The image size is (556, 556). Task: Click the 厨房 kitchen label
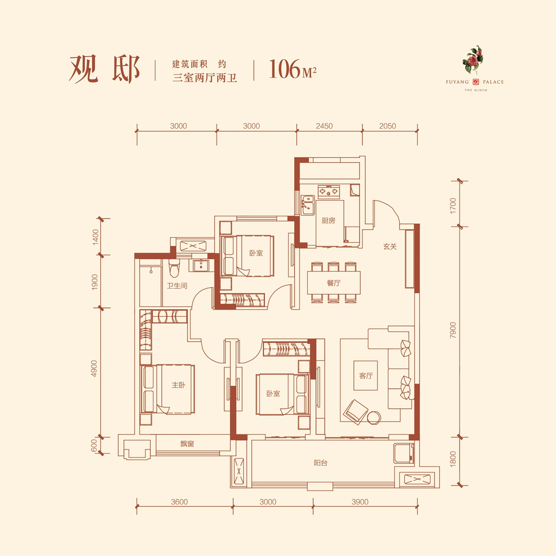[329, 221]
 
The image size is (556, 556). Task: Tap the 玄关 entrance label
[390, 246]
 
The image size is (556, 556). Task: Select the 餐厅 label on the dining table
[334, 283]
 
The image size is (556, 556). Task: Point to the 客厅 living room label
[366, 375]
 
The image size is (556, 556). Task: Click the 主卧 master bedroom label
[178, 385]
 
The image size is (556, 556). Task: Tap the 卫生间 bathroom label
[177, 286]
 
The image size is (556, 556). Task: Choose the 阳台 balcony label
[321, 463]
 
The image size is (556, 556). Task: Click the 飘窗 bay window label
[187, 443]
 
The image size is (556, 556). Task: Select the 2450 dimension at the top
[324, 126]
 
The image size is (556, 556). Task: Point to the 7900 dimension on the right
[453, 330]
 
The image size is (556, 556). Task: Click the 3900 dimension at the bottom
[360, 502]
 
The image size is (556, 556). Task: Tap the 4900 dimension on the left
[94, 368]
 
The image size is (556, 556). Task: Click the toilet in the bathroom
[174, 268]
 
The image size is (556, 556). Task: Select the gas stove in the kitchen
[329, 191]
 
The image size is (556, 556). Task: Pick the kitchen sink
[308, 205]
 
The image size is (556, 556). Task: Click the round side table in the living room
[374, 417]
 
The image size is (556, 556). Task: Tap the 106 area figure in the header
[284, 69]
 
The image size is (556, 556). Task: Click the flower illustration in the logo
[473, 60]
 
